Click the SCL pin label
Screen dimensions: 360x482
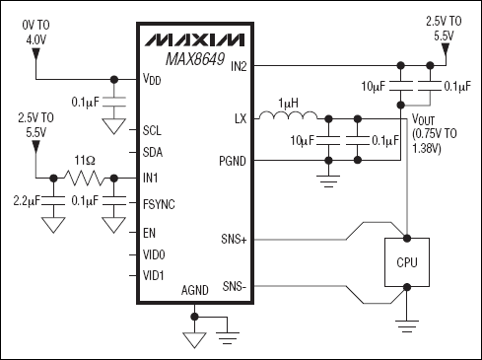click(152, 129)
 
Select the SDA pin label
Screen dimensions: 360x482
click(152, 153)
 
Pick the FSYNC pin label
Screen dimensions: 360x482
click(158, 204)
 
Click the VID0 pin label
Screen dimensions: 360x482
click(154, 254)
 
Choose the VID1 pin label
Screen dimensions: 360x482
click(154, 277)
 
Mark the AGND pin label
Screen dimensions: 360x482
click(195, 290)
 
